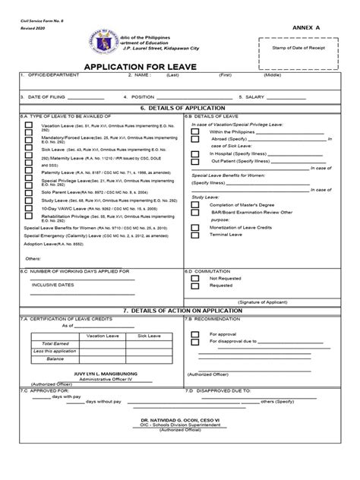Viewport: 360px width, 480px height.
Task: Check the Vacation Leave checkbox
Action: (x=28, y=125)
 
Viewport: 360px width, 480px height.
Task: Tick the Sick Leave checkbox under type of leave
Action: (x=28, y=150)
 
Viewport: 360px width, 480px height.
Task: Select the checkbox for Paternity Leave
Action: (x=28, y=173)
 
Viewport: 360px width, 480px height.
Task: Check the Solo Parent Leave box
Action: (x=28, y=193)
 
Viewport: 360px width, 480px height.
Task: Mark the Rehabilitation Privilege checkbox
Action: (x=28, y=216)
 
